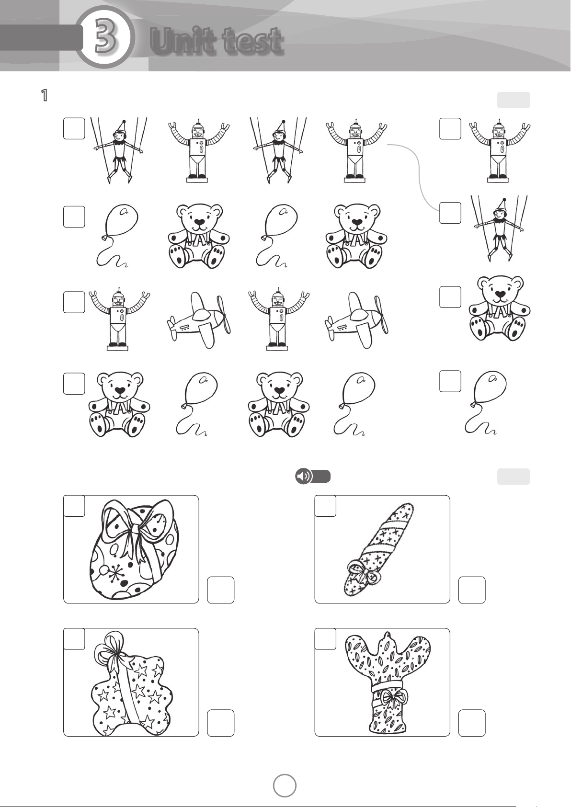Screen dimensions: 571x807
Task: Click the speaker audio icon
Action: [304, 476]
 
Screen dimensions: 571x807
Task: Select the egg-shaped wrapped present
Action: [135, 549]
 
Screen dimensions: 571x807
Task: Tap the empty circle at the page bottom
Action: [285, 785]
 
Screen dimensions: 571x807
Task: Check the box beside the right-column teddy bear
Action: [450, 297]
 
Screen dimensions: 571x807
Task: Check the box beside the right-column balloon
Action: [450, 381]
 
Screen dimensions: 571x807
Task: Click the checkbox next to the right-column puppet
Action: [450, 213]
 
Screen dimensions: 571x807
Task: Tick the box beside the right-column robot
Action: [450, 129]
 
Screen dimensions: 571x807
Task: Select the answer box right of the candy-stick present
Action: [472, 590]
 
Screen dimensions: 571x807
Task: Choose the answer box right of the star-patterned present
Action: [221, 723]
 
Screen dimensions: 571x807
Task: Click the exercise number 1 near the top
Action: [45, 95]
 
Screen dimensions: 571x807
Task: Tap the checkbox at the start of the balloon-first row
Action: [74, 217]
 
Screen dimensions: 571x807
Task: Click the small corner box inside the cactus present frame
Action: [325, 639]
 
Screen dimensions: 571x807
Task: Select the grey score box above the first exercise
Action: [514, 100]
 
